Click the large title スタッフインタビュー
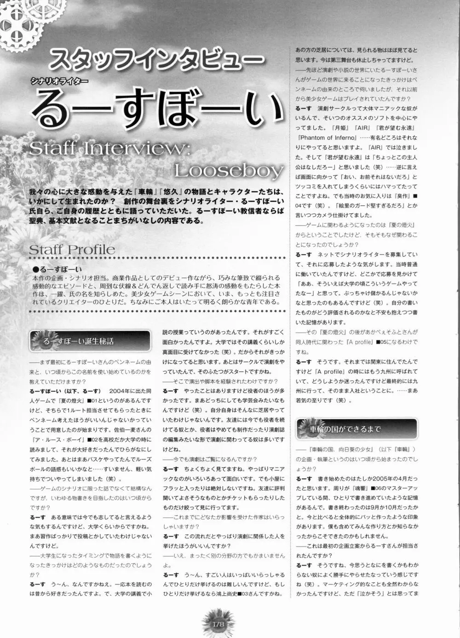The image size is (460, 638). click(x=156, y=60)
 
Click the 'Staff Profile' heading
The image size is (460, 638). click(x=72, y=250)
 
